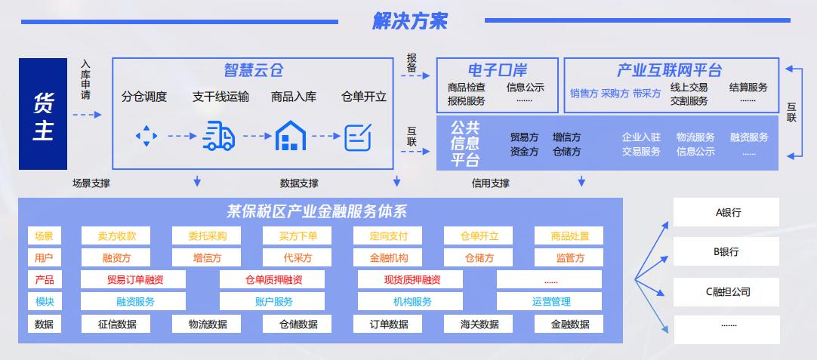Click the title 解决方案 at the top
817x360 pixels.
coord(409,21)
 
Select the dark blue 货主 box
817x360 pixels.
coord(43,114)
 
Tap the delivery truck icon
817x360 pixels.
coord(218,136)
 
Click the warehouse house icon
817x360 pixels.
coord(291,136)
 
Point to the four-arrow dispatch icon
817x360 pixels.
coord(146,137)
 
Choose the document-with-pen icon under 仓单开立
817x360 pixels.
coord(358,137)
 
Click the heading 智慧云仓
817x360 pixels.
coord(253,71)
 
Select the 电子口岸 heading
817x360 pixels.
coord(497,71)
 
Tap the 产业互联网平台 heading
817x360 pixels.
coord(669,71)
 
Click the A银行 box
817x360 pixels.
coord(727,213)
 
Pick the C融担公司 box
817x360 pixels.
coord(727,291)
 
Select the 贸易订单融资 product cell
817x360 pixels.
coord(135,280)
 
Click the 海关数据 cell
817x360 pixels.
coord(479,325)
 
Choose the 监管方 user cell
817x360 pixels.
coord(569,258)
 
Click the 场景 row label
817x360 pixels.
coord(44,236)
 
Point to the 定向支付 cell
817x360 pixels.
coord(389,236)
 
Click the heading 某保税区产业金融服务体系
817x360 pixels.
coord(317,211)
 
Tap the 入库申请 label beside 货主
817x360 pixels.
coord(86,81)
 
